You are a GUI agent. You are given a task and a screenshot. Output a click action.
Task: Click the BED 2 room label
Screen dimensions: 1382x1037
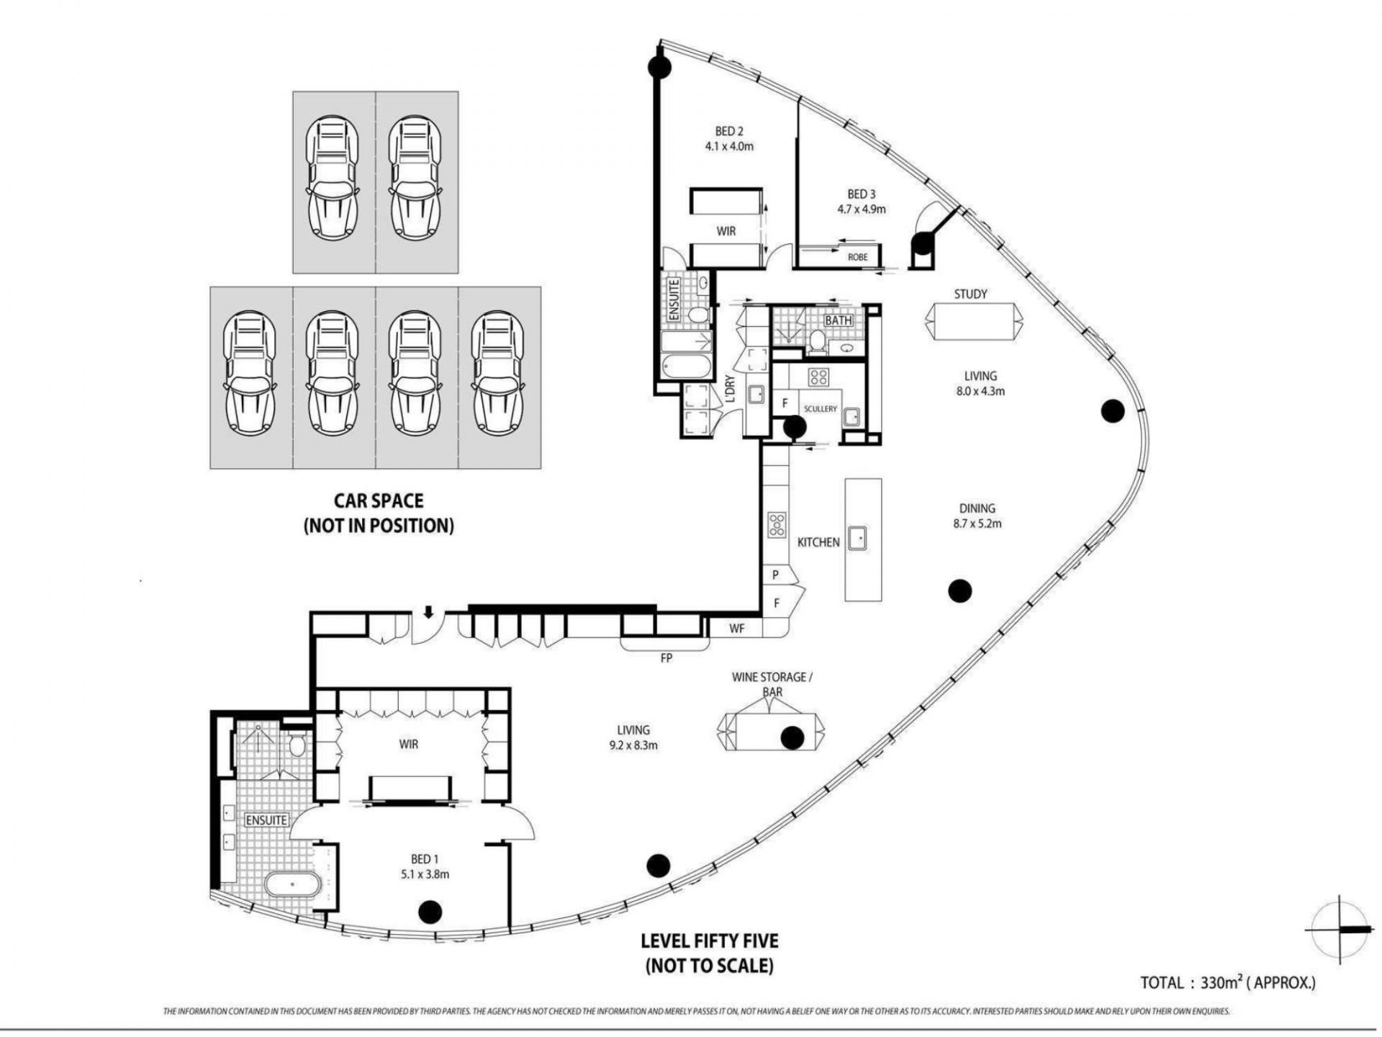coord(728,131)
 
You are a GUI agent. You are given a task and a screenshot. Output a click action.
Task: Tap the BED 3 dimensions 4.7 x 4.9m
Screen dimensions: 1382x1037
coord(861,210)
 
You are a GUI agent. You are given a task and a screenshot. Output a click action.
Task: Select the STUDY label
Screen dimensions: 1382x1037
coord(970,294)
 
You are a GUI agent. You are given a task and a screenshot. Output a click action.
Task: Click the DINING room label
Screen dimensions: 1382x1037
coord(976,508)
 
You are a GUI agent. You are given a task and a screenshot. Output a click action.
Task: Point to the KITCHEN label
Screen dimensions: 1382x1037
coord(818,542)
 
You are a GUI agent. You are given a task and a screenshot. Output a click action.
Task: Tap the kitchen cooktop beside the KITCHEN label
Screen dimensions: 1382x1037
coord(777,524)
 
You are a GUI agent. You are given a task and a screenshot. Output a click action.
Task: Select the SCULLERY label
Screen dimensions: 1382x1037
coord(821,409)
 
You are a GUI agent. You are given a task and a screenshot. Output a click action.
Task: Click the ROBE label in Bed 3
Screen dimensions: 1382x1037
coord(857,257)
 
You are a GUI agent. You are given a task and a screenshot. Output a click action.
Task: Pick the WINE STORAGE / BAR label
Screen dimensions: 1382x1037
coord(769,684)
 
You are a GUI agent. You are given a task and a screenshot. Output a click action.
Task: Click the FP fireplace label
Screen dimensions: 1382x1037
coord(666,657)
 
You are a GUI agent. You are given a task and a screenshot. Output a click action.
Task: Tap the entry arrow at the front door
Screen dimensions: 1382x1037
coord(428,612)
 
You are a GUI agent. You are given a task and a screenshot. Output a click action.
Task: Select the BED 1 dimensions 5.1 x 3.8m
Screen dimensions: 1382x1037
coord(425,874)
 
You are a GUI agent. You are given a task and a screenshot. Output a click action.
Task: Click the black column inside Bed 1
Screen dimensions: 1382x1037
coord(430,912)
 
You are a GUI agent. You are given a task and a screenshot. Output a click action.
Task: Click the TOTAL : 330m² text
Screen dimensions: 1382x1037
coord(1228,982)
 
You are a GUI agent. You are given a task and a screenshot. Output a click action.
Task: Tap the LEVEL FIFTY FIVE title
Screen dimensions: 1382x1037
coord(710,941)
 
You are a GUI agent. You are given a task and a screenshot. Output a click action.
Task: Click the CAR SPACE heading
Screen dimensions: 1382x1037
coord(379,500)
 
